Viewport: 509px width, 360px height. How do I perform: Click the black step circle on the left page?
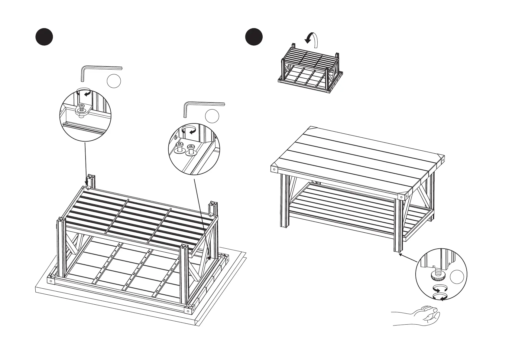pyautogui.click(x=44, y=37)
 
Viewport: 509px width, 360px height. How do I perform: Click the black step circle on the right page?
pyautogui.click(x=254, y=37)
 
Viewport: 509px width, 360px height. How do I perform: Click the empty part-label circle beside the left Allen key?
pyautogui.click(x=114, y=81)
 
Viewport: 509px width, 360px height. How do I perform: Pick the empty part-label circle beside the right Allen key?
pyautogui.click(x=212, y=116)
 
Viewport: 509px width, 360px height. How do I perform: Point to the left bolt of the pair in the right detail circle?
pyautogui.click(x=180, y=147)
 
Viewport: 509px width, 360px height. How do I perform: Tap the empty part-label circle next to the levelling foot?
pyautogui.click(x=457, y=277)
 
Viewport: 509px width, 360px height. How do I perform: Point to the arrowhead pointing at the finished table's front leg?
pyautogui.click(x=400, y=254)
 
